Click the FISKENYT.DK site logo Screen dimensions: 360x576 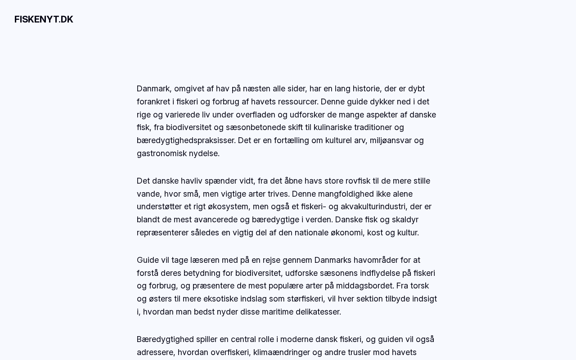[x=44, y=19]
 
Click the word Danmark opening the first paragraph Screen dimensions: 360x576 [x=153, y=89]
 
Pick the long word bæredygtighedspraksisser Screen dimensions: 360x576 [x=186, y=140]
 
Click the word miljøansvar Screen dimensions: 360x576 [x=391, y=140]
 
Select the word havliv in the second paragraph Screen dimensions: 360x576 [x=192, y=181]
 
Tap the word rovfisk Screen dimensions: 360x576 [x=358, y=181]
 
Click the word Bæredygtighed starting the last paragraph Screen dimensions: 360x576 [x=165, y=339]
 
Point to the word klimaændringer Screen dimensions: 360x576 [x=282, y=352]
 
